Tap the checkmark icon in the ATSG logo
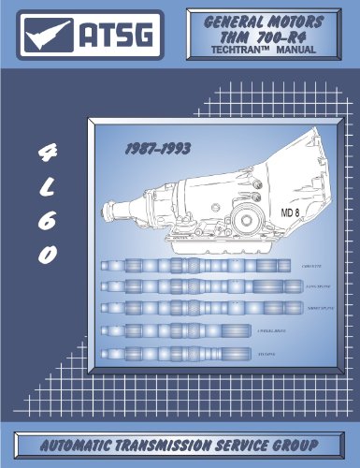click(x=48, y=36)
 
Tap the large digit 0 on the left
click(x=43, y=255)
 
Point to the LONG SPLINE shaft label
click(x=310, y=286)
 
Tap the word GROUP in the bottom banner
click(x=291, y=444)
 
